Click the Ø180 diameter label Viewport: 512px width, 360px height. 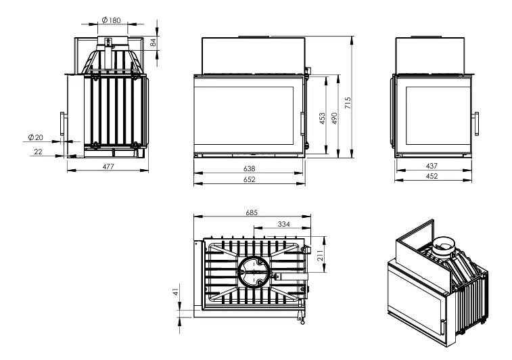[x=112, y=20]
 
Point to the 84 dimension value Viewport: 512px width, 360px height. [x=153, y=42]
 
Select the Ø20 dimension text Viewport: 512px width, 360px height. [x=36, y=137]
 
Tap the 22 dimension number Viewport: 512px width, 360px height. [x=38, y=152]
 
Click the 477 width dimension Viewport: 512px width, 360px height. [x=108, y=166]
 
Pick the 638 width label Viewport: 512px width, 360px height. [x=249, y=169]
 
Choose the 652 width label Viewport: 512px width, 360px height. [x=249, y=179]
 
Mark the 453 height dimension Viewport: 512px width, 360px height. [x=323, y=118]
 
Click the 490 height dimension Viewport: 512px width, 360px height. [x=334, y=118]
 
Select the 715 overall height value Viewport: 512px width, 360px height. [x=348, y=103]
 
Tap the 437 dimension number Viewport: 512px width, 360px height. [x=432, y=166]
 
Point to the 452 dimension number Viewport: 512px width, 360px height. [x=432, y=176]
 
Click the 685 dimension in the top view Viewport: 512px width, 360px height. [x=252, y=212]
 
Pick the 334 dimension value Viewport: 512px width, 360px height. [x=284, y=224]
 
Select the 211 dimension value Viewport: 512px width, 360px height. [x=321, y=255]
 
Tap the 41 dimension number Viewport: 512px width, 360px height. [x=177, y=292]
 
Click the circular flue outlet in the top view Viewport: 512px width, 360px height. [x=254, y=272]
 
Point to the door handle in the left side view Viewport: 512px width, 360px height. [x=62, y=123]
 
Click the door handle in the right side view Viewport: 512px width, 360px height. [x=477, y=123]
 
